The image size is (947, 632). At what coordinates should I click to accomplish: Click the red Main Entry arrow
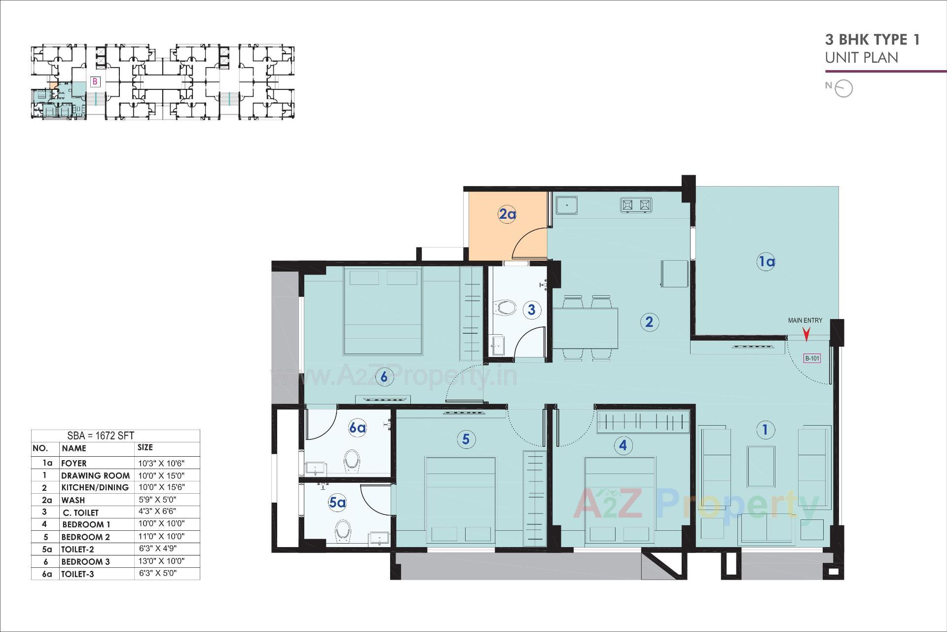point(806,335)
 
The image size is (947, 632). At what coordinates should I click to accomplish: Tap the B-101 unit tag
point(812,358)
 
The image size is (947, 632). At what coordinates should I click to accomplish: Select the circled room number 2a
point(507,214)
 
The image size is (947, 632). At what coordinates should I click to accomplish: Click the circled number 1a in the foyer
point(766,261)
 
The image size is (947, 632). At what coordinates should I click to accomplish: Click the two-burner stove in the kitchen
point(636,205)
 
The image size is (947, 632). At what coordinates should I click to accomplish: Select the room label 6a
point(357,428)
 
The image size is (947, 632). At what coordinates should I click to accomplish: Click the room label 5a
point(337,503)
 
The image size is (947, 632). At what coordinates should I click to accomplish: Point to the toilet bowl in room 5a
point(342,530)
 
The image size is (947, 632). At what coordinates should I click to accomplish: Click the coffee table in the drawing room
point(761,467)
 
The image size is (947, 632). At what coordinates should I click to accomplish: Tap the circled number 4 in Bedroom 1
point(623,445)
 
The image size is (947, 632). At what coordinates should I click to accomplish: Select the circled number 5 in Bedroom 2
point(466,439)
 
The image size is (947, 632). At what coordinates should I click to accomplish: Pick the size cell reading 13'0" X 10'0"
point(161,561)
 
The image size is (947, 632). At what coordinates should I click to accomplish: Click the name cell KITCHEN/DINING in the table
point(95,487)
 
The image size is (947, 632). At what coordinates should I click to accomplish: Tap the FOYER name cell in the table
point(74,463)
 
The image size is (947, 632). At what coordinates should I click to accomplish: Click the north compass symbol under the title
point(844,88)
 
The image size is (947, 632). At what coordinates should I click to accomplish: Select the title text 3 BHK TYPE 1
point(872,39)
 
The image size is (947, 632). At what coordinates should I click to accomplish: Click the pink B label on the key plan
point(95,81)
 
